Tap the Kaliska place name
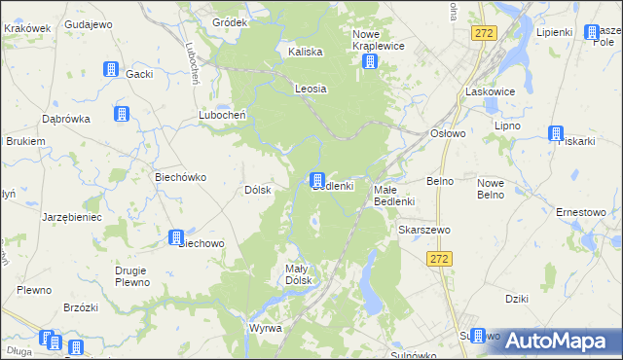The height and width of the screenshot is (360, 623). [x=305, y=53]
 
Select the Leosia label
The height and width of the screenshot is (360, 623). [x=311, y=89]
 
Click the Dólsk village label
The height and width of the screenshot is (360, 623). [x=257, y=191]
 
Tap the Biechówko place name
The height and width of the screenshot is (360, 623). [x=178, y=178]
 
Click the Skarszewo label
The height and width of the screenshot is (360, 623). [x=422, y=230]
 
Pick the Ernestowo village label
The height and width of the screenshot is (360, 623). [x=580, y=212]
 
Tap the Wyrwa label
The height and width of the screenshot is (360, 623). [x=265, y=329]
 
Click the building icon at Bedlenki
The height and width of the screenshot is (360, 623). [x=316, y=180]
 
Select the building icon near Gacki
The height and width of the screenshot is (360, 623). [x=110, y=70]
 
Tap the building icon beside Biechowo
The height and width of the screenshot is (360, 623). [x=177, y=237]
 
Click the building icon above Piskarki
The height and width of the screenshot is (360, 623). [x=556, y=134]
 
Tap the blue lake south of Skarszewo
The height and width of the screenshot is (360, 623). [x=369, y=282]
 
